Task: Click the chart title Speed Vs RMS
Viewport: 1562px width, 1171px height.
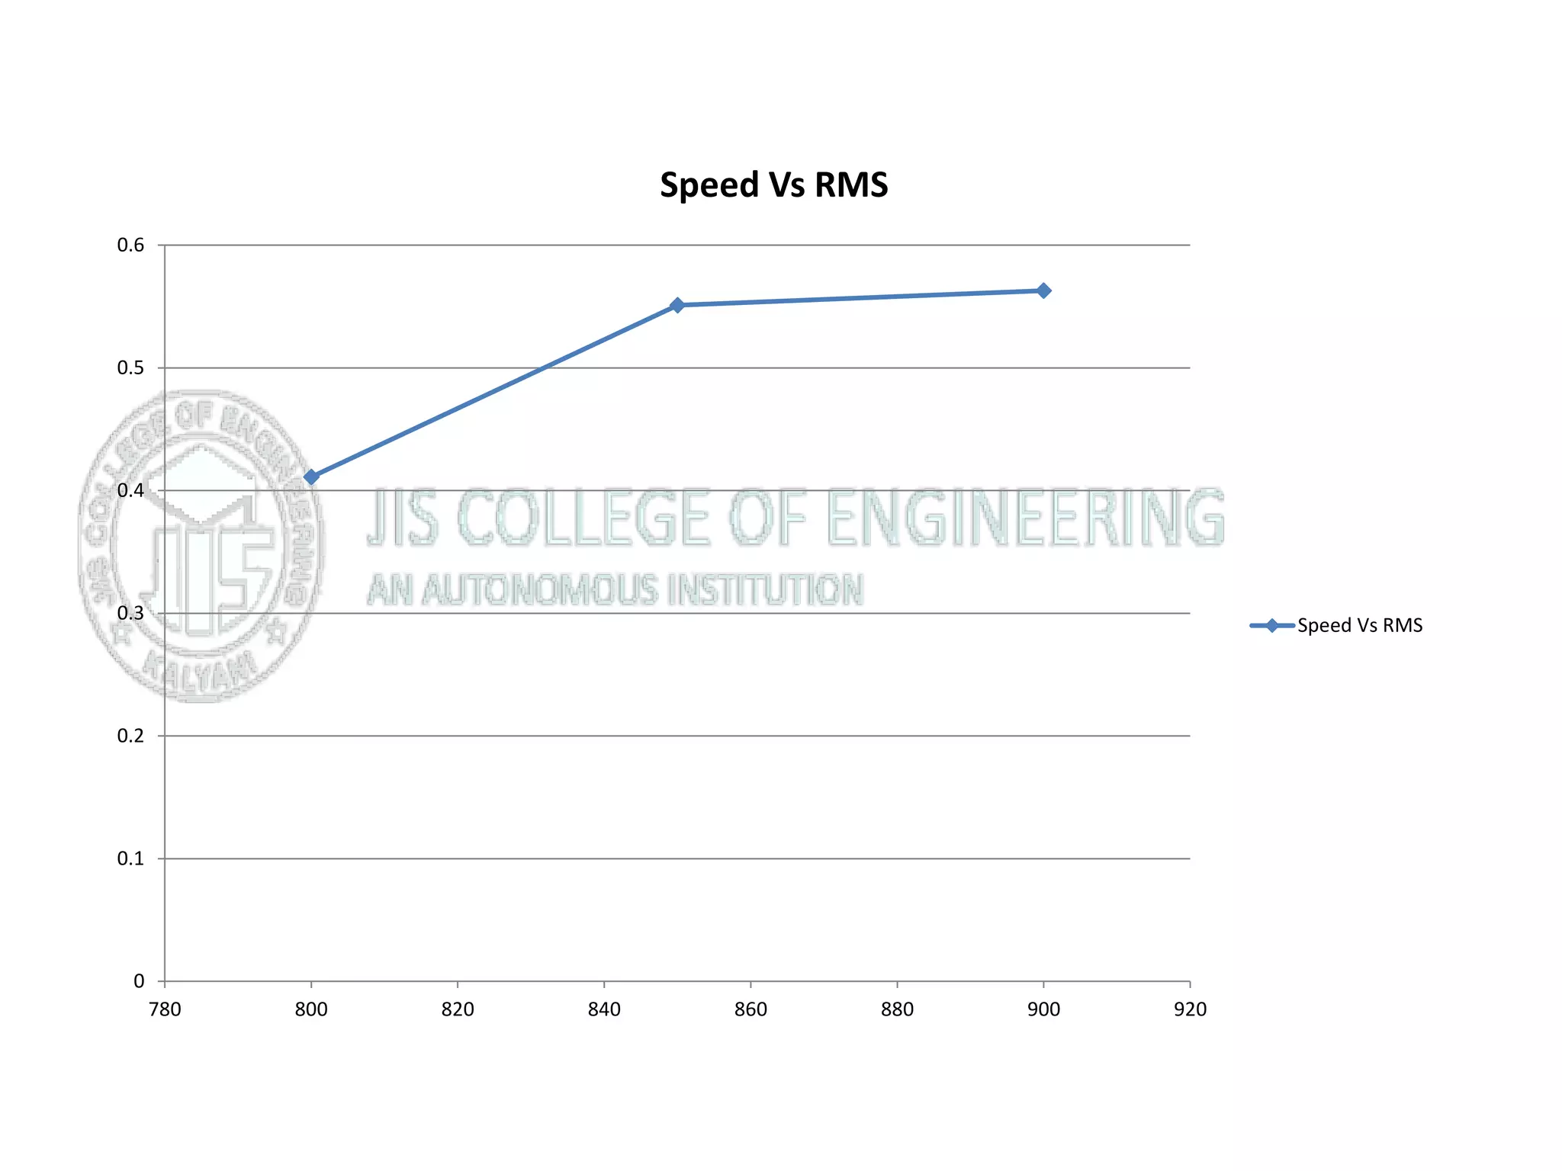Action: (x=773, y=185)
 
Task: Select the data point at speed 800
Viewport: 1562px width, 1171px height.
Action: (x=311, y=477)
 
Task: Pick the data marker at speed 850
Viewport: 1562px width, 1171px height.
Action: (x=677, y=305)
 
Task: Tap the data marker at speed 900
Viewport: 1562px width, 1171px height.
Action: (x=1043, y=290)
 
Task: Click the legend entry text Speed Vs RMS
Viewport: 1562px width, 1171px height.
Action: (x=1359, y=626)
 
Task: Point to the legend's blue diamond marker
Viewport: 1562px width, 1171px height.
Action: (x=1271, y=626)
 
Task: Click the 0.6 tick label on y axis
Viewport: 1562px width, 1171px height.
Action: (x=130, y=245)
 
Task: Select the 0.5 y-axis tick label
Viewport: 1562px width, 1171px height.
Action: (x=130, y=368)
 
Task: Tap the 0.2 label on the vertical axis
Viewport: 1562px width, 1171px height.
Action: (x=130, y=736)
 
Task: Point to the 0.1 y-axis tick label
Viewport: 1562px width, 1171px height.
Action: (x=130, y=859)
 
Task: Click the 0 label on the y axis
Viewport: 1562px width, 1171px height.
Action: (x=139, y=982)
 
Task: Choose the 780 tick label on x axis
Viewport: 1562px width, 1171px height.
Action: (x=165, y=1010)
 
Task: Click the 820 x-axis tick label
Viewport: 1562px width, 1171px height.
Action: (x=458, y=1010)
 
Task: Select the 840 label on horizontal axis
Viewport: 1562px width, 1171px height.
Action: (x=604, y=1010)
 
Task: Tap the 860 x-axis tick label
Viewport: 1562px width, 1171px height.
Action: (x=750, y=1010)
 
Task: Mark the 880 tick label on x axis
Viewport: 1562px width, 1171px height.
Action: (x=897, y=1010)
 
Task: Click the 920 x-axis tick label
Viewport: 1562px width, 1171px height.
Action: (x=1190, y=1010)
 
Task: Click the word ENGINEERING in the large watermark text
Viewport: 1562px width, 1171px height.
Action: (x=1025, y=518)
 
